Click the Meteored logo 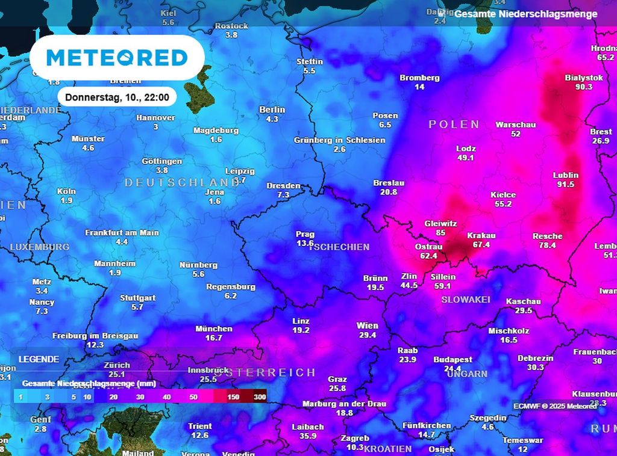117,58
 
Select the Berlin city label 272,109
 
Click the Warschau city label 516,125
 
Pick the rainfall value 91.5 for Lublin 565,185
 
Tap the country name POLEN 454,125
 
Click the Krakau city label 481,236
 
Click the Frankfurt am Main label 122,232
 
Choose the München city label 214,328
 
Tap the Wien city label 367,325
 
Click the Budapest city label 453,359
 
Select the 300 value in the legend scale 260,397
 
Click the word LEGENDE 39,359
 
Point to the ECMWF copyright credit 554,406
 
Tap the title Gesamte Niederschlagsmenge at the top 526,14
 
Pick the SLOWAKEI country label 466,300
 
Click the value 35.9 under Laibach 308,436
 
